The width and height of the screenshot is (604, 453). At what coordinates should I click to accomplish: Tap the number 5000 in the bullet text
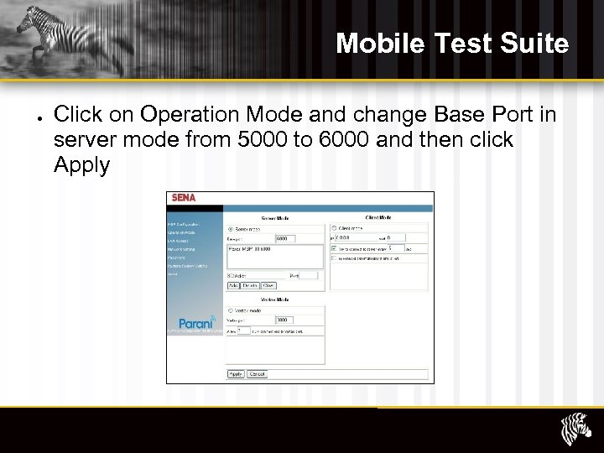point(258,139)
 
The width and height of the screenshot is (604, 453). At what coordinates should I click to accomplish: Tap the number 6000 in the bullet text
point(343,139)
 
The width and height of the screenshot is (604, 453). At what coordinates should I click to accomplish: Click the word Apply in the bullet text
point(81,164)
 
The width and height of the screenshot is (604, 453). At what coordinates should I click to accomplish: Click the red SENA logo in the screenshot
point(184,199)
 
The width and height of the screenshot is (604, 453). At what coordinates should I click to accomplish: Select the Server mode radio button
point(231,228)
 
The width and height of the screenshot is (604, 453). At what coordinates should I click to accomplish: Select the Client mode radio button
point(334,227)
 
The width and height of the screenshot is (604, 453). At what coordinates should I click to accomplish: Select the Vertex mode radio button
point(231,310)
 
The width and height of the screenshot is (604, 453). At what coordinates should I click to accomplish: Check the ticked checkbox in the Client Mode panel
point(334,248)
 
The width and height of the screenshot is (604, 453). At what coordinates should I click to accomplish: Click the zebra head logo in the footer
point(575,430)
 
